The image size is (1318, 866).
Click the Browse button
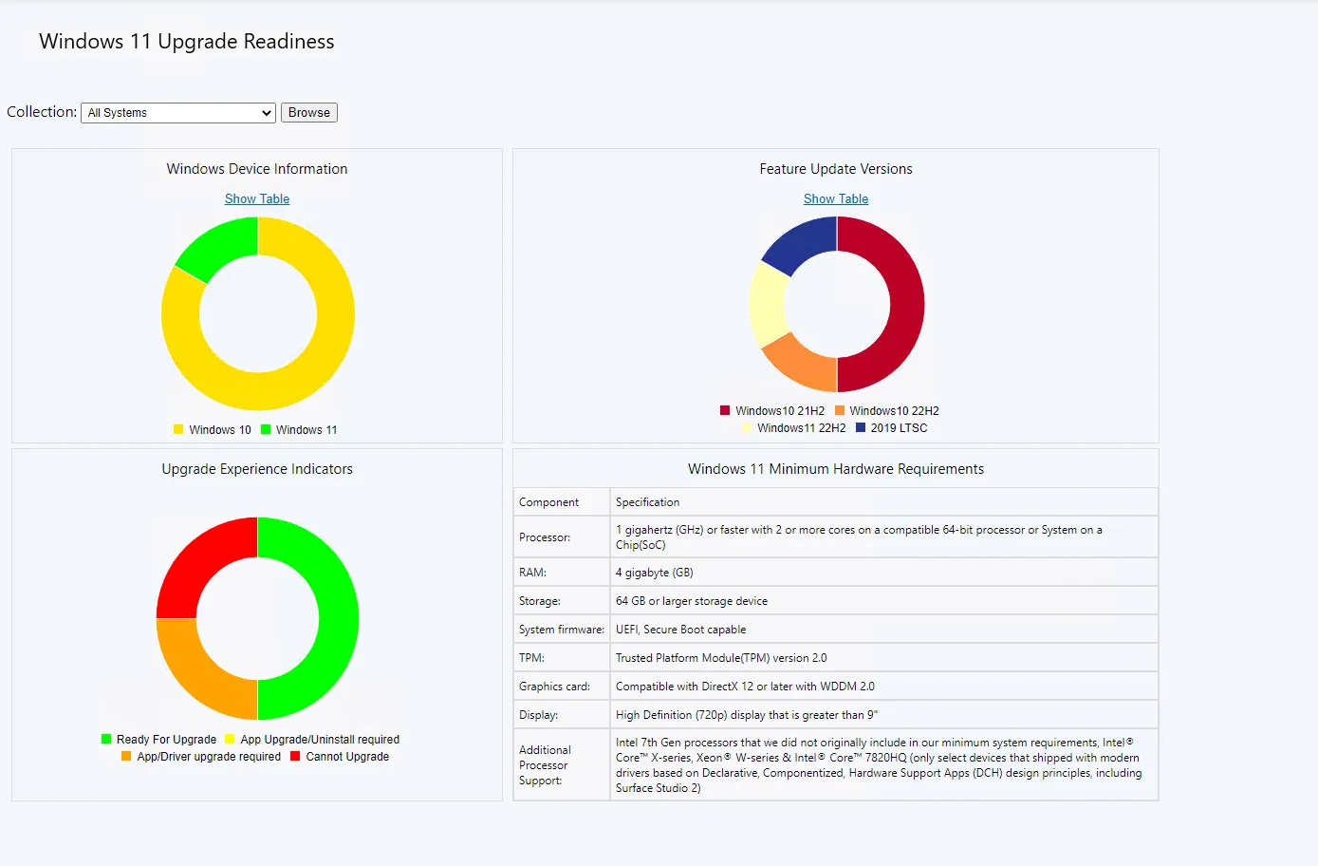click(309, 112)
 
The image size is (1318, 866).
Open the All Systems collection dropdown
click(178, 112)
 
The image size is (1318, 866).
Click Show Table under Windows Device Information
click(257, 198)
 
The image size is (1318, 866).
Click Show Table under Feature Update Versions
click(836, 198)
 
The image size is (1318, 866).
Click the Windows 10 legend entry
click(213, 430)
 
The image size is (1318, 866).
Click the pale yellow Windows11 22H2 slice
click(769, 305)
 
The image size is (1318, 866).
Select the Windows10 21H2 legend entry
click(772, 411)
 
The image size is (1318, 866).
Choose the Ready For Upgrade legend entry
click(159, 740)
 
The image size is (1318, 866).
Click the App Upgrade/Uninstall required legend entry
click(312, 740)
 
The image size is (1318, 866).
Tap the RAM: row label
click(532, 573)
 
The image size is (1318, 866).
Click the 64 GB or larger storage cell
click(692, 601)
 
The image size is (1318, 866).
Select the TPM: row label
click(531, 658)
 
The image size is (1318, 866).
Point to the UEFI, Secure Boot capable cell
click(680, 630)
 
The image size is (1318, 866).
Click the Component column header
click(548, 502)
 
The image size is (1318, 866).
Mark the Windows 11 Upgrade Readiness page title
click(187, 42)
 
